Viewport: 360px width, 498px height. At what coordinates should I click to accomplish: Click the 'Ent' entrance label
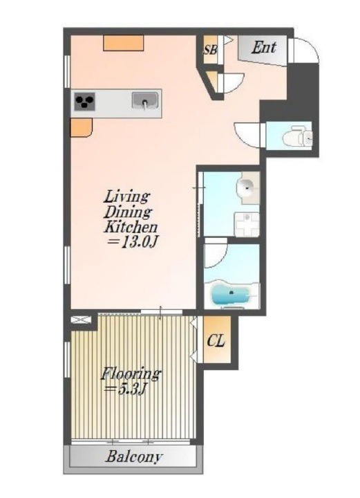263,48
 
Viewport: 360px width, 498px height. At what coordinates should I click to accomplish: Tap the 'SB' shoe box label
210,50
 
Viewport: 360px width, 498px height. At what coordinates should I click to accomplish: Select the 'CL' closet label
216,340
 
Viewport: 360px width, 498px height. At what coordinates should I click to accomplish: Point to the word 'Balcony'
133,457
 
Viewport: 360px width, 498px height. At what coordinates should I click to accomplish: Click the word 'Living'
126,197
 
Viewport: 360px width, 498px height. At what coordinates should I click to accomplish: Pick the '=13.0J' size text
132,242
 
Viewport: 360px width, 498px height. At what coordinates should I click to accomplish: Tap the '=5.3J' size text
124,389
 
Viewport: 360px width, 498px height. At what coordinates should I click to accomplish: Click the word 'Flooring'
131,373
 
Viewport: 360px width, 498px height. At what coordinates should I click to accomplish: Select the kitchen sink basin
145,101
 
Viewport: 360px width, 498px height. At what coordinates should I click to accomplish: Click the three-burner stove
85,102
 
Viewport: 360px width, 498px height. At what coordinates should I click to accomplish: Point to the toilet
297,137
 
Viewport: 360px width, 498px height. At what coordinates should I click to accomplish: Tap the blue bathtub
231,294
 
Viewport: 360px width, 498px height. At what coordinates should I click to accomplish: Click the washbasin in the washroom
247,187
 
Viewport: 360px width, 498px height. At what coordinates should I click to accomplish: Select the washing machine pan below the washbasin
247,225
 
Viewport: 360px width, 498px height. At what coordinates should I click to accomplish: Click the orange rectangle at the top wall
124,43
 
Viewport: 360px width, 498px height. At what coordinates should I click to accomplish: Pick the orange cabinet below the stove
81,128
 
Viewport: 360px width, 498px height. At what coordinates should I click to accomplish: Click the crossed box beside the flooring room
81,320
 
